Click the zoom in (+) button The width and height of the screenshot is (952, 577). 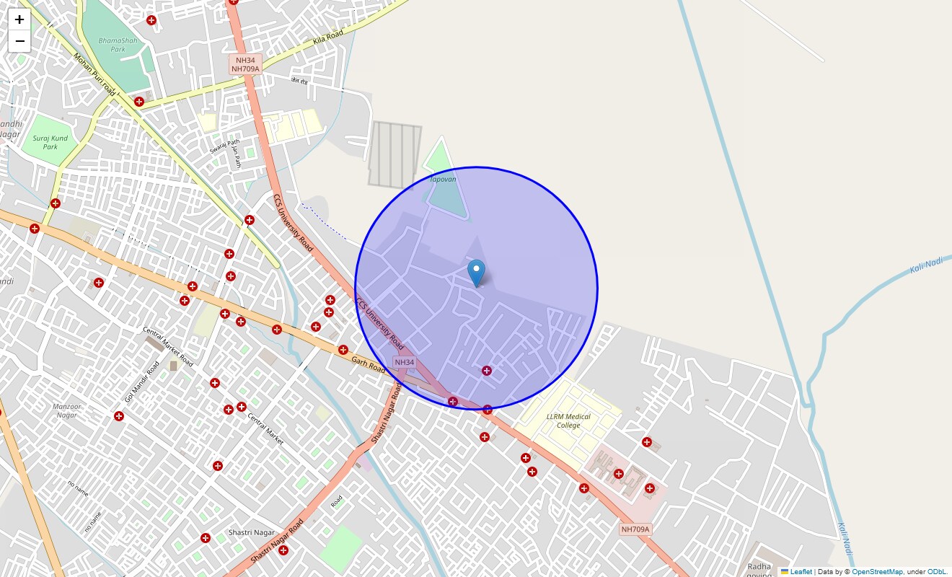pyautogui.click(x=19, y=20)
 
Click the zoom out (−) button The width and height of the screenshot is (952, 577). pyautogui.click(x=19, y=41)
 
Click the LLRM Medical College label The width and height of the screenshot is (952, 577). pyautogui.click(x=568, y=420)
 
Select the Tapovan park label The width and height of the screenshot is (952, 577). pyautogui.click(x=443, y=179)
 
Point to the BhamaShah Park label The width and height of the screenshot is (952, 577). pyautogui.click(x=118, y=45)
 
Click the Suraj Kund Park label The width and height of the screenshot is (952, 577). pyautogui.click(x=50, y=142)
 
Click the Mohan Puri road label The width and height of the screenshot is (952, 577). pyautogui.click(x=94, y=75)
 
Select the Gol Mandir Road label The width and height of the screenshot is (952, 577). pyautogui.click(x=141, y=382)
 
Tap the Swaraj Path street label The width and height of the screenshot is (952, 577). pyautogui.click(x=224, y=146)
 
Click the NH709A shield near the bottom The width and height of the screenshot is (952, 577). pyautogui.click(x=635, y=529)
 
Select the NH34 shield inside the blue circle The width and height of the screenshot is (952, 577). pyautogui.click(x=405, y=362)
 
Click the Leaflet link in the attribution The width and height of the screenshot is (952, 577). pyautogui.click(x=801, y=571)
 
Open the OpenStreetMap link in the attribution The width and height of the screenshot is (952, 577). pyautogui.click(x=877, y=571)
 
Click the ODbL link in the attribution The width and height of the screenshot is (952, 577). pyautogui.click(x=936, y=571)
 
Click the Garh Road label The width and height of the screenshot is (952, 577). pyautogui.click(x=369, y=363)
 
